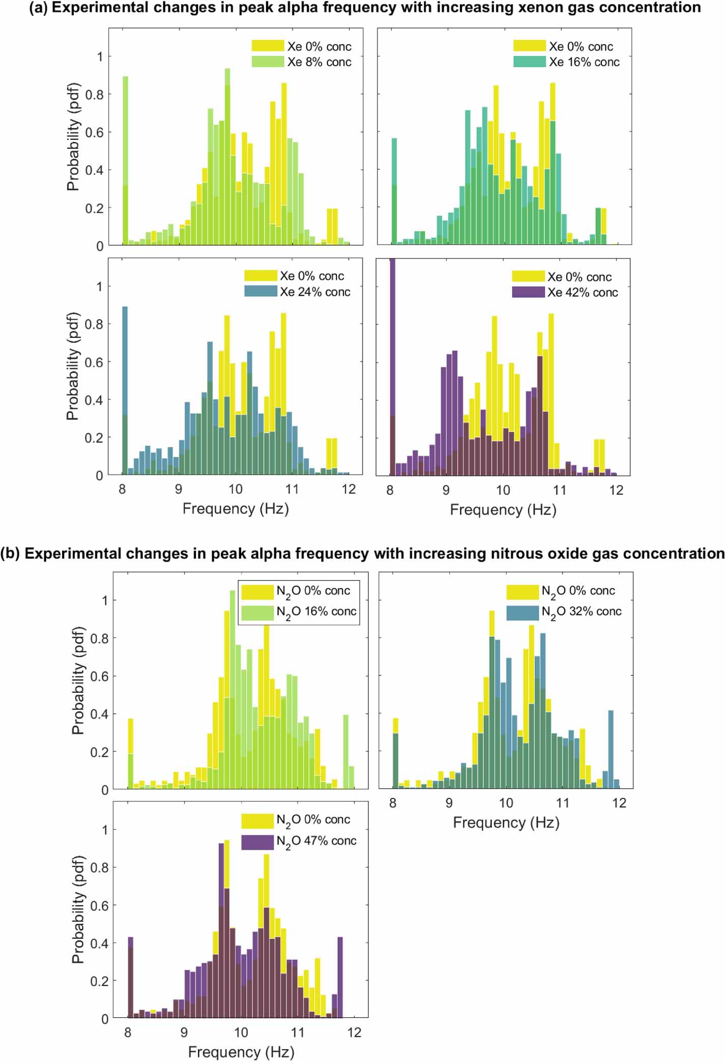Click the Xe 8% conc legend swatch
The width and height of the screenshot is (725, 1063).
click(268, 62)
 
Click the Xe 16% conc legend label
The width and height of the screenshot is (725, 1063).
click(584, 62)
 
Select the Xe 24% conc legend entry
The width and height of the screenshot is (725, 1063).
click(315, 292)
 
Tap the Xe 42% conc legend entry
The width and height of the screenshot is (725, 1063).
click(583, 293)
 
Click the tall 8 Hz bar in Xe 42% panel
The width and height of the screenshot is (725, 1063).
click(392, 366)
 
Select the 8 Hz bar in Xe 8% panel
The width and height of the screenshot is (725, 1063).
click(125, 163)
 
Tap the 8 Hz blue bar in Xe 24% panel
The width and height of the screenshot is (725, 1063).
click(125, 387)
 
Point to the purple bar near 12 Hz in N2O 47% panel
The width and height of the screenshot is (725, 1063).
click(340, 977)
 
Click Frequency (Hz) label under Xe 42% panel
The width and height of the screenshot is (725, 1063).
click(503, 509)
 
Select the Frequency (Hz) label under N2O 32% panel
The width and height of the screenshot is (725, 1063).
click(506, 823)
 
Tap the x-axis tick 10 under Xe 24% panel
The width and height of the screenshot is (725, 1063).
click(235, 490)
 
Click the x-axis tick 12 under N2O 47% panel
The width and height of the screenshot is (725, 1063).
click(354, 1032)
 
